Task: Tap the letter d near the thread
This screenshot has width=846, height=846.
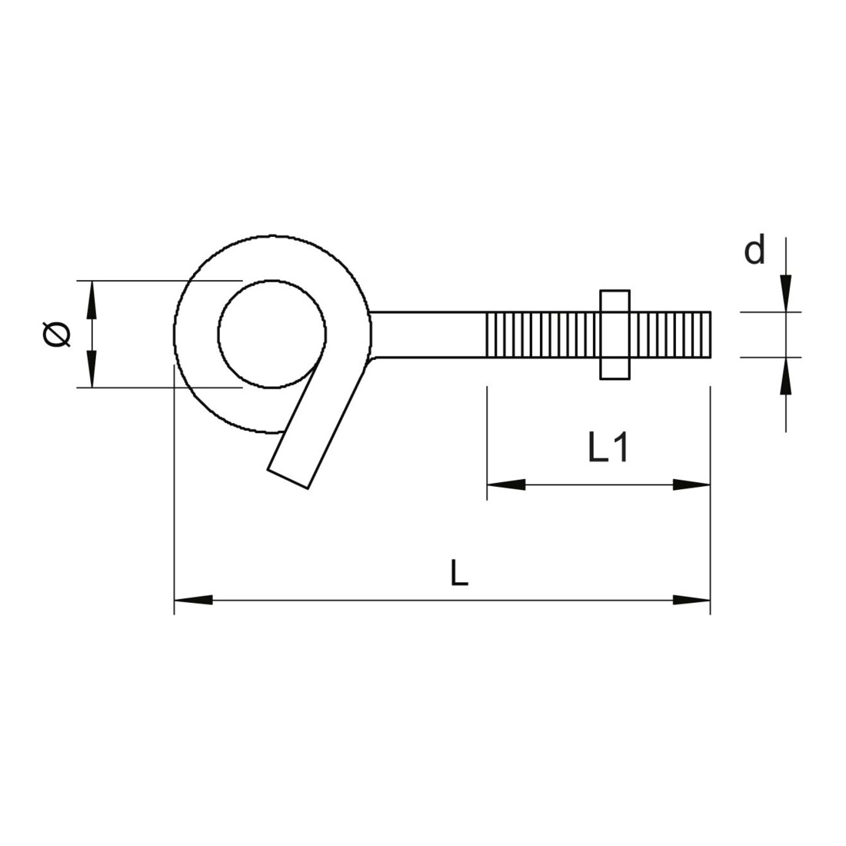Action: point(754,251)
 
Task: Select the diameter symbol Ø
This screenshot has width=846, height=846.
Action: point(57,335)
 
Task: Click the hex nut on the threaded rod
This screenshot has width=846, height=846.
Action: point(615,335)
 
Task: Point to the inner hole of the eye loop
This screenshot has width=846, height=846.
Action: point(272,334)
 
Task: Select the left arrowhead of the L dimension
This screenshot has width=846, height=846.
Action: point(193,599)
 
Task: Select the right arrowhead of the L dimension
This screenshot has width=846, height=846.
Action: point(691,599)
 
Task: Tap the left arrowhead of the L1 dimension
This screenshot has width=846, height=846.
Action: point(506,485)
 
